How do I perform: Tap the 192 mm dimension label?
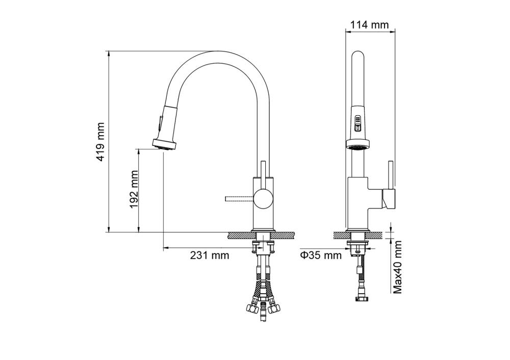point(134,189)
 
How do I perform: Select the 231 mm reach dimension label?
point(210,255)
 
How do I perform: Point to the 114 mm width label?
point(369,24)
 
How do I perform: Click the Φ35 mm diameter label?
point(320,255)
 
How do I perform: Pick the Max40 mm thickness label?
point(397,267)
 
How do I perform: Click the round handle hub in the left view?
point(263,199)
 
